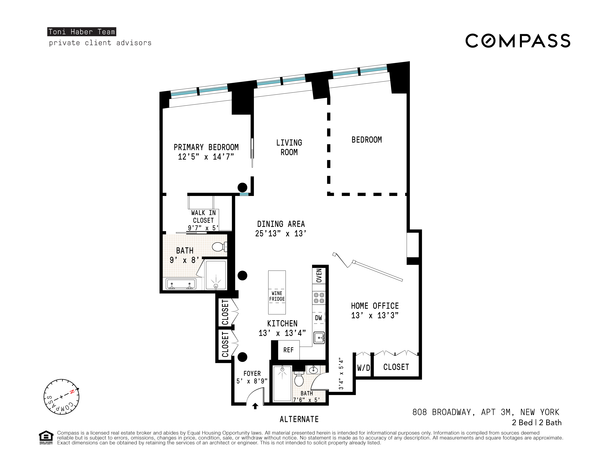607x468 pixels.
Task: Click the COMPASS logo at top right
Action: point(518,41)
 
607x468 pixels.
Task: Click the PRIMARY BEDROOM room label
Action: point(206,147)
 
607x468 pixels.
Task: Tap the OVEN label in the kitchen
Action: point(319,275)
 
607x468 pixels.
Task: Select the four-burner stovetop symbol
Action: point(319,298)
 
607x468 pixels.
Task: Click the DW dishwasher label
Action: point(318,318)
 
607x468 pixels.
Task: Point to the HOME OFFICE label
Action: point(375,306)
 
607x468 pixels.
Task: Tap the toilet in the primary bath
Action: point(219,246)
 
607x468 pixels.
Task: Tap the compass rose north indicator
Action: point(72,392)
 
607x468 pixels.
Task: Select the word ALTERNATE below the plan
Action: point(299,419)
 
